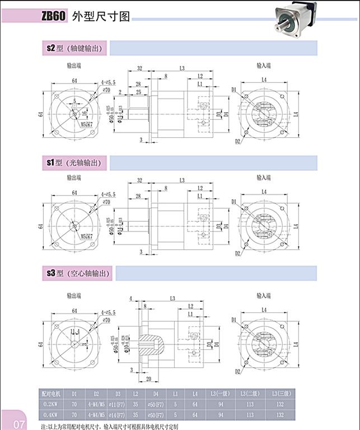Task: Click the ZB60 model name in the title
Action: (54, 17)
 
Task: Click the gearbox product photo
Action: (295, 17)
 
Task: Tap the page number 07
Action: (19, 423)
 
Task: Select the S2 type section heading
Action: (75, 49)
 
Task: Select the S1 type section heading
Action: (75, 162)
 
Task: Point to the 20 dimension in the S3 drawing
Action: (148, 379)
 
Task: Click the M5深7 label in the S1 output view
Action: (87, 236)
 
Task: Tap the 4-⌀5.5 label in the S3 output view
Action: (108, 311)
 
